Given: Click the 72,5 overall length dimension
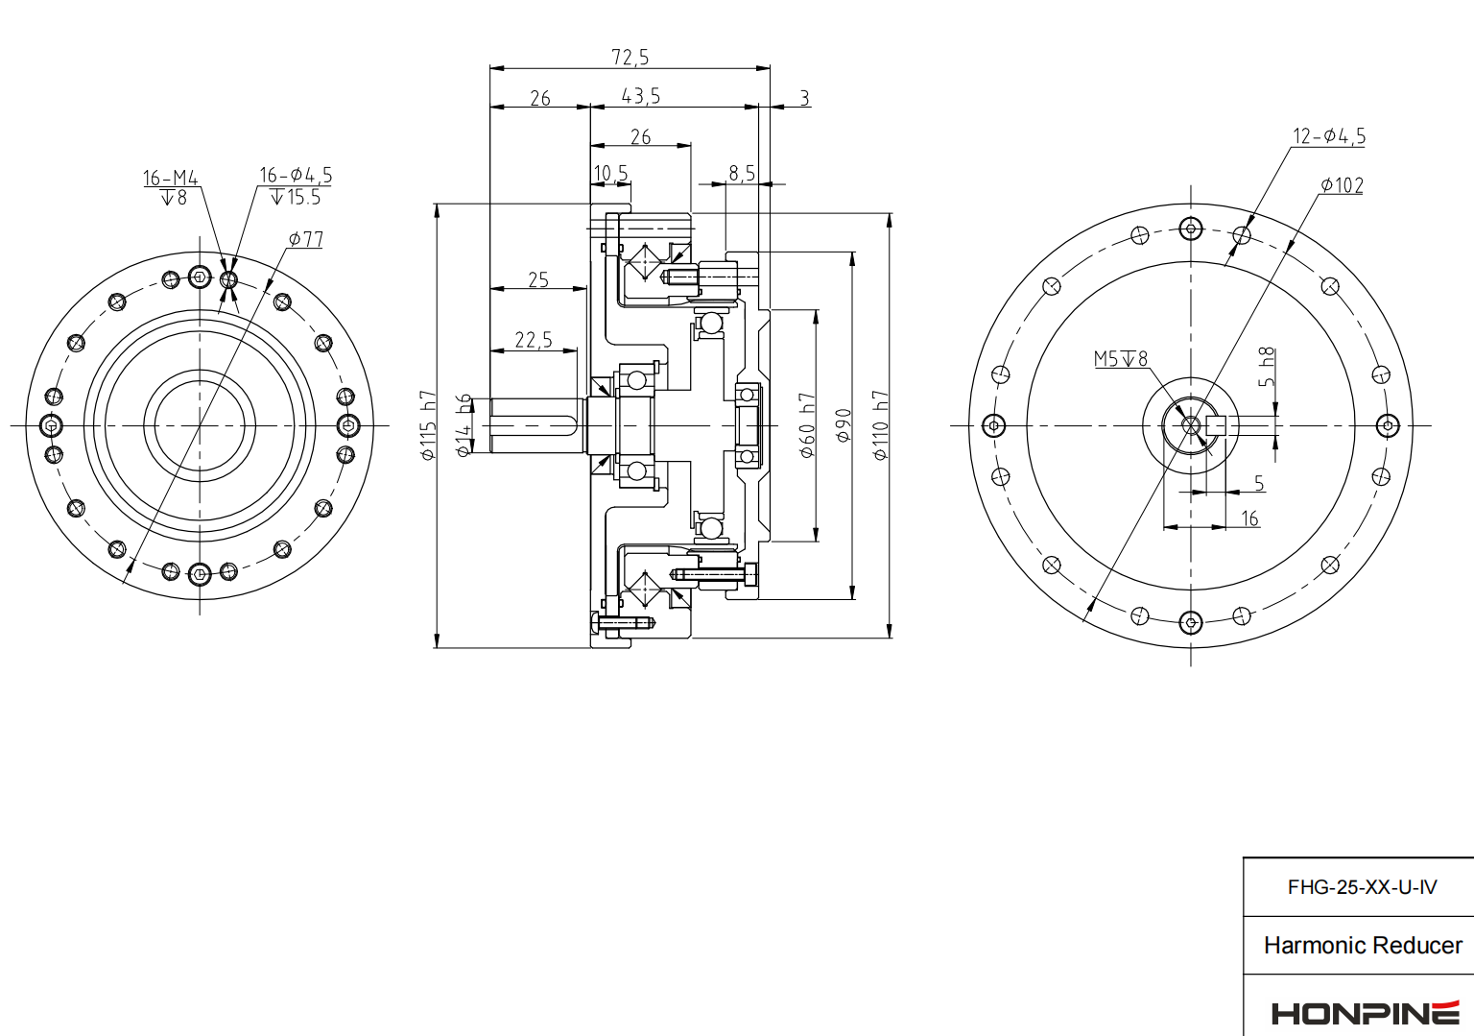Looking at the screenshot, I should coord(630,58).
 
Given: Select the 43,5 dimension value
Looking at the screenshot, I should coord(641,96).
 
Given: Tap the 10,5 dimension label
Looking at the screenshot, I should coord(610,173).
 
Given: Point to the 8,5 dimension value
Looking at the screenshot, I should coord(742,173).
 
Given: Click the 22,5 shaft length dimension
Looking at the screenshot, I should coord(534,340).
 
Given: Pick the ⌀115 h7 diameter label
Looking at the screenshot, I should coord(428,425).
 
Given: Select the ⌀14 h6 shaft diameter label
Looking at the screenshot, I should coord(464,425).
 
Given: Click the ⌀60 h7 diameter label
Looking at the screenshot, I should coord(807,425).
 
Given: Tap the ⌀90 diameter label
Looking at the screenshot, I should coord(844,425).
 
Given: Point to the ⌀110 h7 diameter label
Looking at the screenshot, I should coord(880,425).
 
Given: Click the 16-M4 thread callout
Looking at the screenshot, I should coord(171,179).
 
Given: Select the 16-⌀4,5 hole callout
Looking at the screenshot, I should coord(296,176).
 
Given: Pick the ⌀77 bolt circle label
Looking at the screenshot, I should coord(306,239).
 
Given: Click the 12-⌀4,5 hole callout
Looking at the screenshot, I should coord(1329,136).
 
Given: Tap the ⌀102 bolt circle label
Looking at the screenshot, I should coord(1342,185).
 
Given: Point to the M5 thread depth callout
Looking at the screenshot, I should coord(1121,359).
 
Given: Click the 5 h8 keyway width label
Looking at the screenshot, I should coord(1267,368).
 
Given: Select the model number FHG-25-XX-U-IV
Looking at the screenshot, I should coord(1362,887).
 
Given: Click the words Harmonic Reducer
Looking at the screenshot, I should coord(1363,946).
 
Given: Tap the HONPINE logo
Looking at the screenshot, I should coord(1365,1013).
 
